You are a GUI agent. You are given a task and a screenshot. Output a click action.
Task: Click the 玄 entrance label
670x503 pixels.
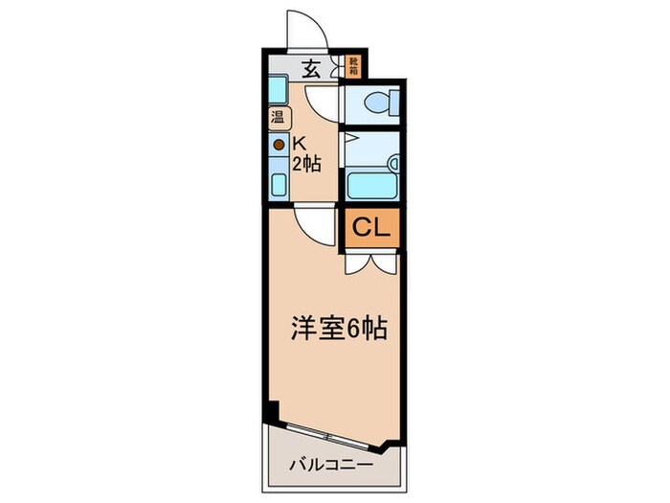click(311, 68)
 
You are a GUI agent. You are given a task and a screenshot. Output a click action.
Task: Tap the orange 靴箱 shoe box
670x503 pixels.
click(353, 66)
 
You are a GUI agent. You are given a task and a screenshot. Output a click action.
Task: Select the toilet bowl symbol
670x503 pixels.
click(382, 101)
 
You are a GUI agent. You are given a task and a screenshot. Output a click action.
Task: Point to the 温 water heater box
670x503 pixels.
click(277, 119)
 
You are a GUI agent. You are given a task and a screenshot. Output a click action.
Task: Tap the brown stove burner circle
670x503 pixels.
click(279, 145)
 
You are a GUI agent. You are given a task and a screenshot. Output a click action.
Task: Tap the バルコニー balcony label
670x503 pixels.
click(329, 467)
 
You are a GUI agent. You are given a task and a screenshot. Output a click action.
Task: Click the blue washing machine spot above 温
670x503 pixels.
click(276, 91)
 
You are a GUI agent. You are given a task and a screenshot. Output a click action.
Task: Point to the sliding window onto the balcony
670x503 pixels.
click(331, 429)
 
